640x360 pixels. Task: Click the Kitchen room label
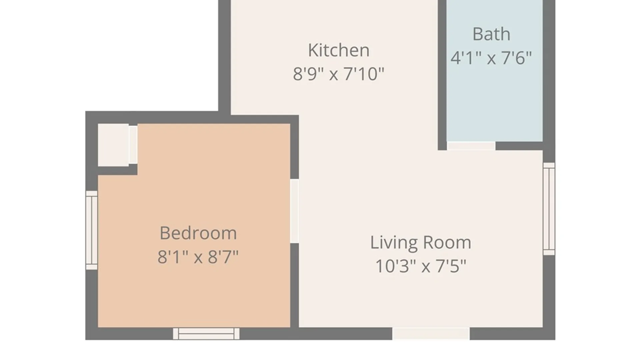pos(339,50)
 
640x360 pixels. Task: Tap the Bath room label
pos(491,34)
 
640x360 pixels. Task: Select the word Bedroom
pos(198,233)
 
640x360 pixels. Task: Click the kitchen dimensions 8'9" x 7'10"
pos(339,74)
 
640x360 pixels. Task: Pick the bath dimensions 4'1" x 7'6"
pos(491,58)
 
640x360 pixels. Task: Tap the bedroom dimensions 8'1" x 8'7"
pos(198,257)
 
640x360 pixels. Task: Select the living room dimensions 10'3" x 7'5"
pos(421,266)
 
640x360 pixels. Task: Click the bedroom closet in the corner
pos(113,145)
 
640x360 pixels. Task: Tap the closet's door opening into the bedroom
pos(133,145)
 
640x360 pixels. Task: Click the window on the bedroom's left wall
pos(92,230)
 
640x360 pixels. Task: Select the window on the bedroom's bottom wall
pos(206,334)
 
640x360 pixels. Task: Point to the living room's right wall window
pos(549,209)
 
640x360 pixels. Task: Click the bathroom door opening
pos(471,146)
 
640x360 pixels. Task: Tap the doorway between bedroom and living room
pos(294,211)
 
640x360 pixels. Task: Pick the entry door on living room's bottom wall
pos(431,334)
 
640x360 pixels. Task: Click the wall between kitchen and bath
pos(442,75)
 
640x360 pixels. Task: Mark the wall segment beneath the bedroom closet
pos(117,170)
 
